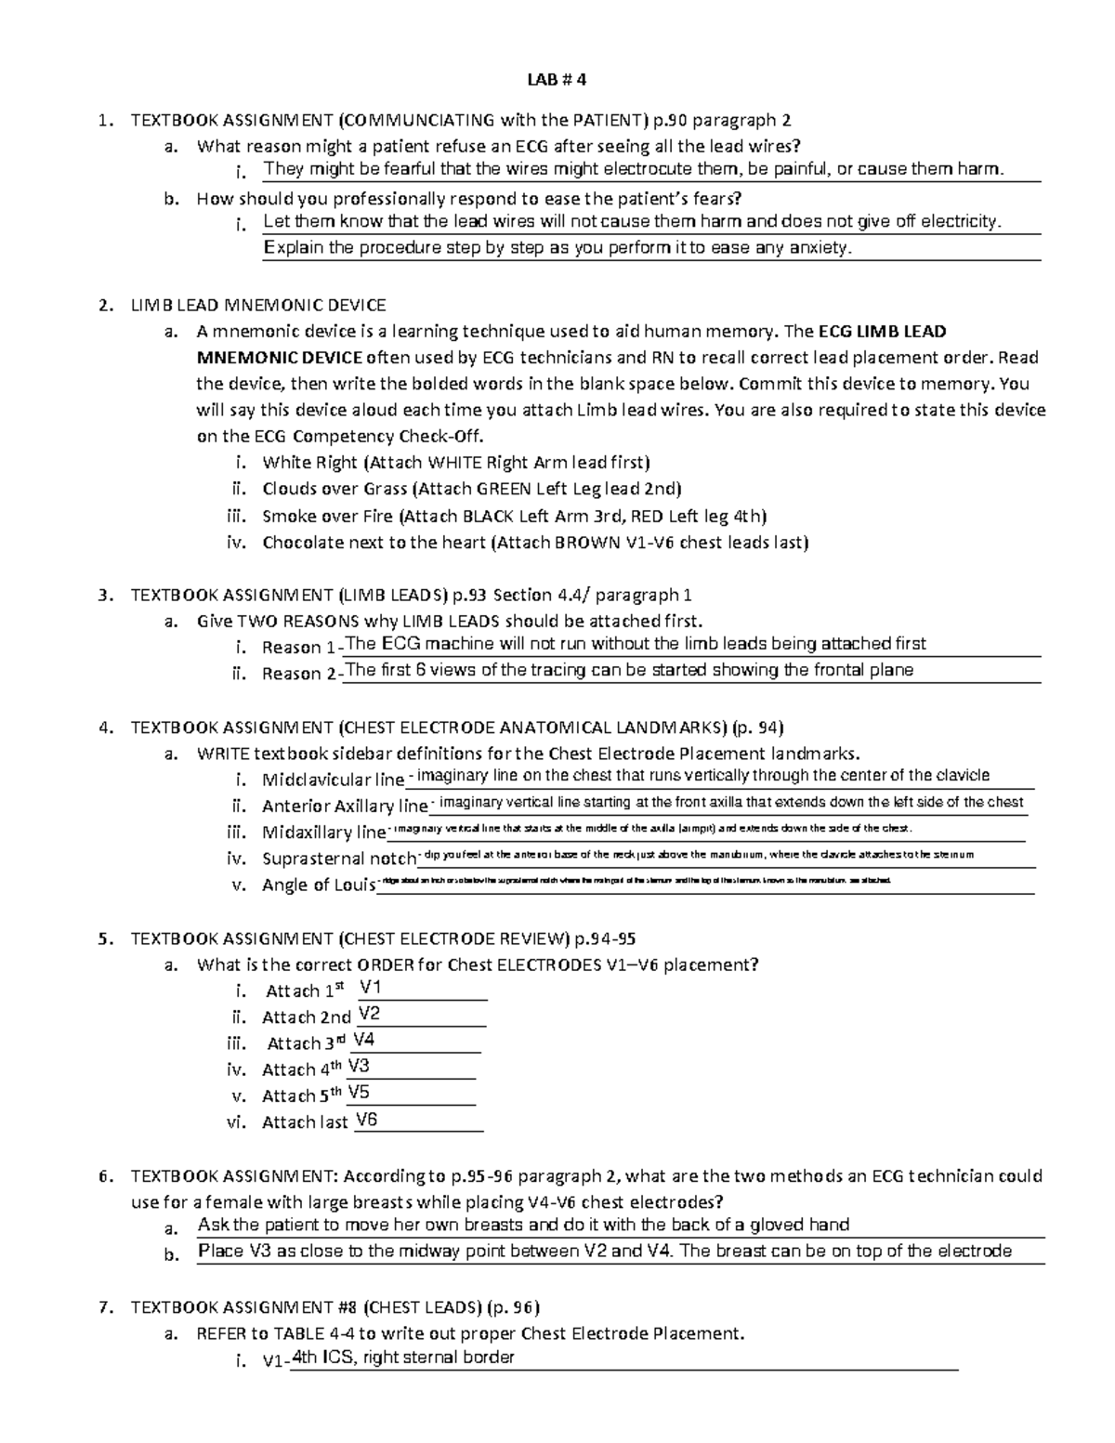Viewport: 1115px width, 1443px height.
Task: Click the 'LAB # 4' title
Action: coord(557,80)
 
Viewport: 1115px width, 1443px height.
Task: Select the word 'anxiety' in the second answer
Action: coord(819,248)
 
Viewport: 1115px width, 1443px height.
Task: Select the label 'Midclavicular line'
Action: coord(333,780)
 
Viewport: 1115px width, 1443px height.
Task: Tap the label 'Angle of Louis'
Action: coord(318,885)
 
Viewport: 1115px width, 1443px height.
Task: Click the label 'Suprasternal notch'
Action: coord(338,859)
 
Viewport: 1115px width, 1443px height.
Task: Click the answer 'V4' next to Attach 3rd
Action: coord(364,1040)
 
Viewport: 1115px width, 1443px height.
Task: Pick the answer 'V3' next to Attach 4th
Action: coord(359,1066)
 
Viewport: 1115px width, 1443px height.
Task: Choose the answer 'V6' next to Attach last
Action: coord(367,1120)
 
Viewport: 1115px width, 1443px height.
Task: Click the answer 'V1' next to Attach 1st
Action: coord(371,987)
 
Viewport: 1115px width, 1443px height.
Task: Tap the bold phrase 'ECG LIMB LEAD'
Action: coord(881,332)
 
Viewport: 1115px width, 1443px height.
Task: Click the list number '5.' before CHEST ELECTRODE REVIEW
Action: coord(107,938)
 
